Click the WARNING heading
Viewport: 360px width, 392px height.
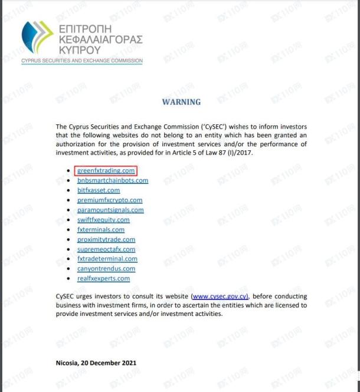(x=181, y=102)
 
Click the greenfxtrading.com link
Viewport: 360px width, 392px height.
(x=106, y=171)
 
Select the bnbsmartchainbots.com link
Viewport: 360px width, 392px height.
(x=113, y=180)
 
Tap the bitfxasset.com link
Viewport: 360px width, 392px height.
(x=99, y=190)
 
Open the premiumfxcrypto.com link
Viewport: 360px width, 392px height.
(x=110, y=200)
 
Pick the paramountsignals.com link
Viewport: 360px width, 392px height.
(x=110, y=210)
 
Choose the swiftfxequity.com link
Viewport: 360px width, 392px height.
(x=103, y=220)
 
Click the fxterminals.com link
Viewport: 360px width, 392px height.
(x=101, y=230)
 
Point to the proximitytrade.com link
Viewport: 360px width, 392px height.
(x=106, y=239)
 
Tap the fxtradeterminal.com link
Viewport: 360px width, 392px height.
(x=107, y=259)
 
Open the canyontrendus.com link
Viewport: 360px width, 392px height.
(x=106, y=269)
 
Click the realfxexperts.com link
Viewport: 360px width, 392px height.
(x=103, y=278)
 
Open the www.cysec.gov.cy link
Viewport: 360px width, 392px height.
(x=220, y=297)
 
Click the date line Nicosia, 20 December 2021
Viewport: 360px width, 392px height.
(x=95, y=363)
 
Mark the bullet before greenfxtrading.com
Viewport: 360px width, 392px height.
(x=70, y=172)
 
